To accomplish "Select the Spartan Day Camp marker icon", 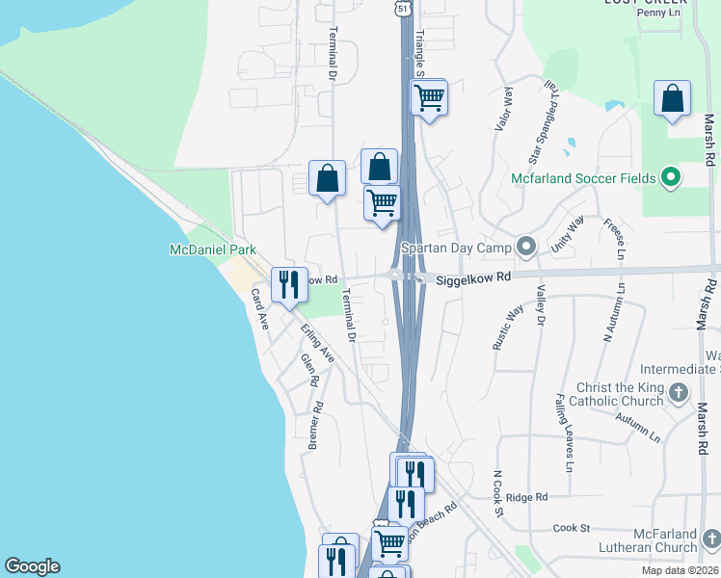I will tap(525, 248).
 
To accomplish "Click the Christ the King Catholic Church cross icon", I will tap(679, 392).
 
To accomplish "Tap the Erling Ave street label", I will tap(318, 344).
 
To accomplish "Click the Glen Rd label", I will tap(308, 370).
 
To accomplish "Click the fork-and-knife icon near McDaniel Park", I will tap(288, 284).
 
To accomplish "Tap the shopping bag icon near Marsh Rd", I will tap(672, 98).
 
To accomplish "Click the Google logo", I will tap(32, 566).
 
